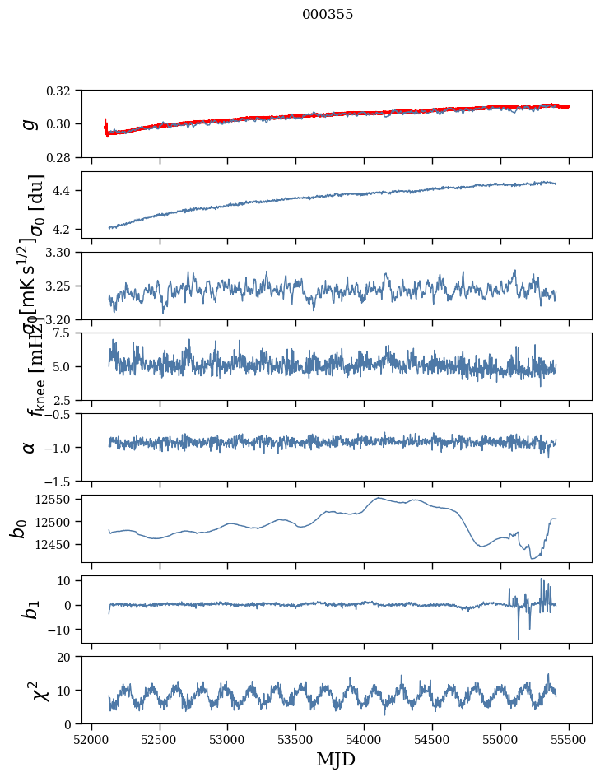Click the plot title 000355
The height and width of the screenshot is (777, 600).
coord(328,15)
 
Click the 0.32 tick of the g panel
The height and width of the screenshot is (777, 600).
coord(64,91)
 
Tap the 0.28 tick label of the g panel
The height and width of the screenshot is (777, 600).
coord(64,157)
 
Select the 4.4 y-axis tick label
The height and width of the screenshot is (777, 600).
coord(67,191)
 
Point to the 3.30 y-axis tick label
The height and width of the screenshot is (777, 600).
coord(64,253)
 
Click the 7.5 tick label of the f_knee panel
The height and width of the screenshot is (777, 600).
coord(67,333)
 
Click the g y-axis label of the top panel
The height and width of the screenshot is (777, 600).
coord(30,123)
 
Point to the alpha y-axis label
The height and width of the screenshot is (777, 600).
coord(30,447)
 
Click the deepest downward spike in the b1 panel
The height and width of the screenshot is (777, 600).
coord(519,639)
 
